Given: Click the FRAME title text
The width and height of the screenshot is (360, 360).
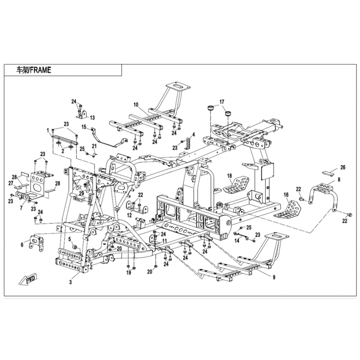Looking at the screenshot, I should coord(34,70).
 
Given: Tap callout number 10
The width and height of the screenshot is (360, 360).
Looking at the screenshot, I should coord(135,105).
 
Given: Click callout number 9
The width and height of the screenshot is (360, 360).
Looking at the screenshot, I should coord(274,277).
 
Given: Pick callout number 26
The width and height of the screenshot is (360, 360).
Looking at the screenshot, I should coord(342,167).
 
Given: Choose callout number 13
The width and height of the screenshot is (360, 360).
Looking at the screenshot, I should coord(92,117).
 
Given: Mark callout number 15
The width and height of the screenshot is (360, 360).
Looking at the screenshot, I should coord(84,127).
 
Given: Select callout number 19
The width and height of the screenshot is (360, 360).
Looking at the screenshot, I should coord(128,273).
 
